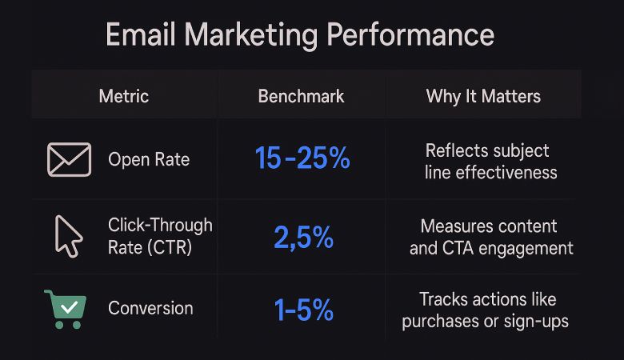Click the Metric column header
click(x=123, y=97)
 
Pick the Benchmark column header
click(x=301, y=97)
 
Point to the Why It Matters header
click(x=483, y=97)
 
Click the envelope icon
click(x=69, y=159)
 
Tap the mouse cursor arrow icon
click(x=67, y=236)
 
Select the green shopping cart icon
click(x=64, y=307)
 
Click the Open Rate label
click(x=149, y=159)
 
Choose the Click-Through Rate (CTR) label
click(x=160, y=236)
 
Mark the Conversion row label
click(x=150, y=308)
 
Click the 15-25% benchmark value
click(x=302, y=158)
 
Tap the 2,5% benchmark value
click(x=302, y=237)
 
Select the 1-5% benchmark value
click(x=303, y=310)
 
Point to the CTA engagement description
click(x=491, y=237)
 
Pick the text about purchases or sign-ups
click(x=485, y=310)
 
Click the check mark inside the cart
click(x=69, y=305)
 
